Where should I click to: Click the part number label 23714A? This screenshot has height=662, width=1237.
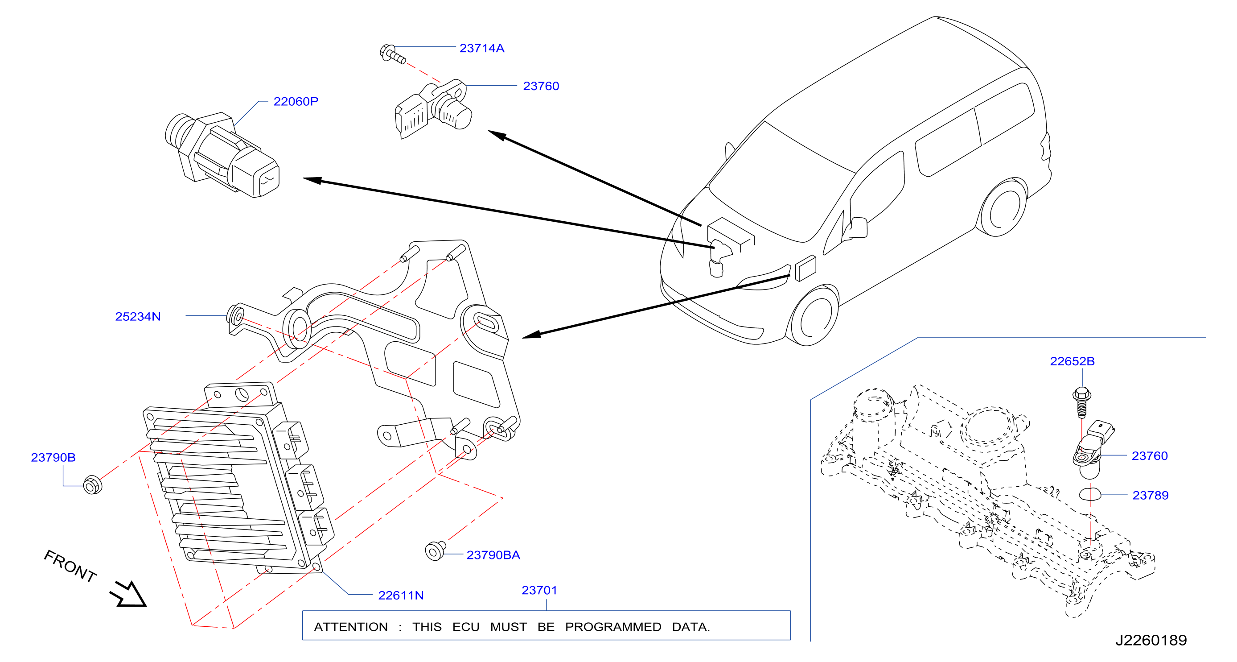[x=481, y=48]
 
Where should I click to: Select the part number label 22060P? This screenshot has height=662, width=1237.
[x=296, y=101]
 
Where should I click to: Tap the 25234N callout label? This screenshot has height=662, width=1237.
[x=138, y=317]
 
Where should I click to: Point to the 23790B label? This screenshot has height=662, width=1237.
[x=53, y=457]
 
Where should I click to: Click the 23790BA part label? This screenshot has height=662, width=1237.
[x=493, y=555]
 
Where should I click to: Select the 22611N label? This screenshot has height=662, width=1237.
[x=401, y=595]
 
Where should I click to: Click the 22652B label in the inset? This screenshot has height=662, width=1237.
[x=1073, y=361]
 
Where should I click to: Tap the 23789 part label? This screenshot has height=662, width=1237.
[x=1151, y=495]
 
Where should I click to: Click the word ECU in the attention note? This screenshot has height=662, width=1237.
[x=466, y=627]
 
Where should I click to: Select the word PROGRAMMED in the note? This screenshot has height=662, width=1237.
[x=613, y=627]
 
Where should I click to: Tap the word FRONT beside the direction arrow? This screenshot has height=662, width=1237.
[x=70, y=566]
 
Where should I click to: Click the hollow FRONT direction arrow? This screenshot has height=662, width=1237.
[x=129, y=594]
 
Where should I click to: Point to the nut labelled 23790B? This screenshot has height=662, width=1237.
[x=92, y=485]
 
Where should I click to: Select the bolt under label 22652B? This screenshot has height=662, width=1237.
[x=1081, y=401]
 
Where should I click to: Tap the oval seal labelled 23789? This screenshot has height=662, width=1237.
[x=1090, y=494]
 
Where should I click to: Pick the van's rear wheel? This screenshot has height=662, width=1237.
[x=1003, y=207]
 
